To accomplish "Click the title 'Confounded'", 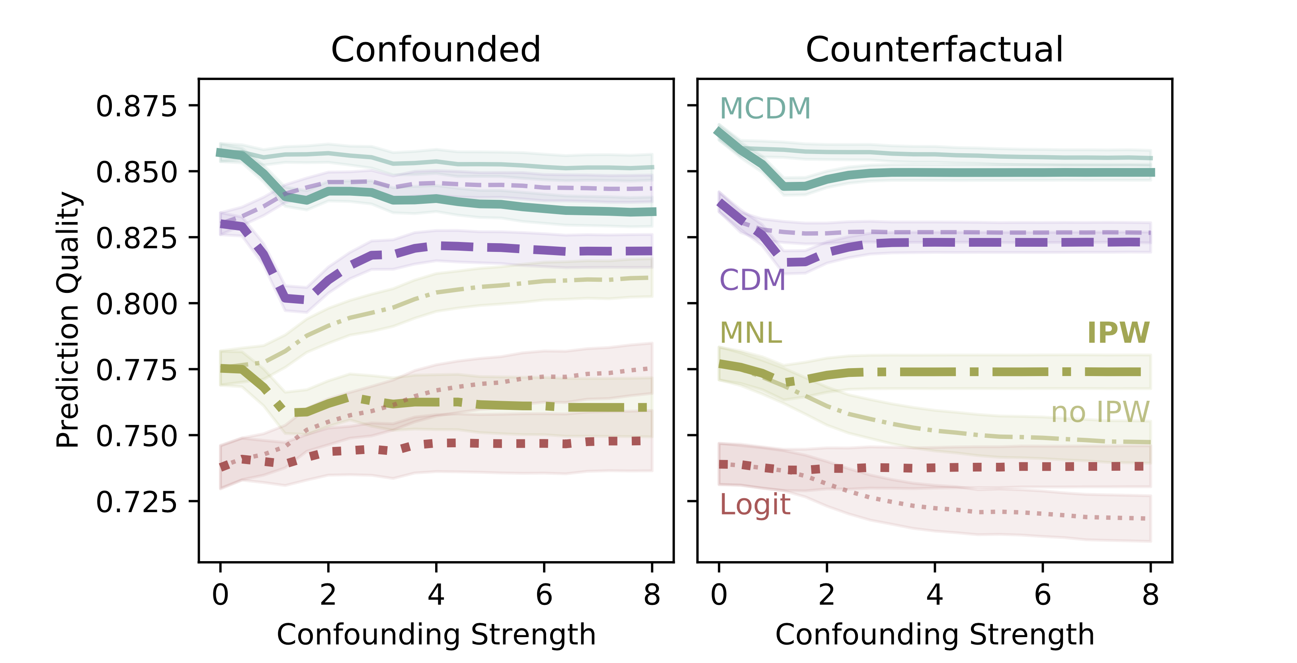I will click(436, 49).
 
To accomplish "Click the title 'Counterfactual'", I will click(934, 49).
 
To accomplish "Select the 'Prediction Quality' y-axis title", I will click(68, 319).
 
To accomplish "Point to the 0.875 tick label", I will click(137, 106).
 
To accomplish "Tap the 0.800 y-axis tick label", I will click(137, 304).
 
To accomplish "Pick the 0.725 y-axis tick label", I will click(137, 502).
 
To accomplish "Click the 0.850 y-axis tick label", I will click(137, 172).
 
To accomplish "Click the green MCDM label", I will click(765, 108).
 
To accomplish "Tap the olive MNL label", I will click(751, 333).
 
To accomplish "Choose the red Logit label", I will click(755, 505).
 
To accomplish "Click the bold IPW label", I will click(1118, 333).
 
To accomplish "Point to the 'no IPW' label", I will click(1100, 412).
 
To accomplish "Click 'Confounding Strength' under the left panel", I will click(436, 634).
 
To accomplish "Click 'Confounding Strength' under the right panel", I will click(934, 634).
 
